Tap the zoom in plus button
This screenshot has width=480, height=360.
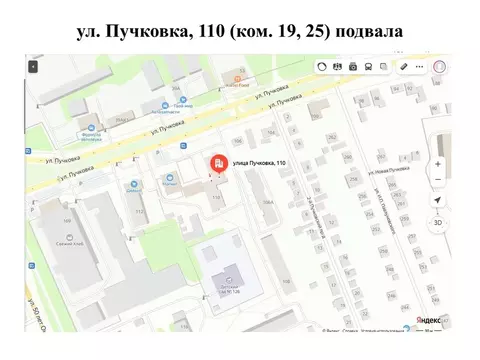[437, 164]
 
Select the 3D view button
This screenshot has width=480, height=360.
[437, 223]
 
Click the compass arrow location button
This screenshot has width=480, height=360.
[437, 200]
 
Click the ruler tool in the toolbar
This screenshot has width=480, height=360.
[403, 66]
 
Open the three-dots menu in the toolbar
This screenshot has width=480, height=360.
[420, 66]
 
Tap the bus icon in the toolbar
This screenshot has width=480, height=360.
[370, 66]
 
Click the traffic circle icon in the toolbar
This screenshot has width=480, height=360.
[322, 66]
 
